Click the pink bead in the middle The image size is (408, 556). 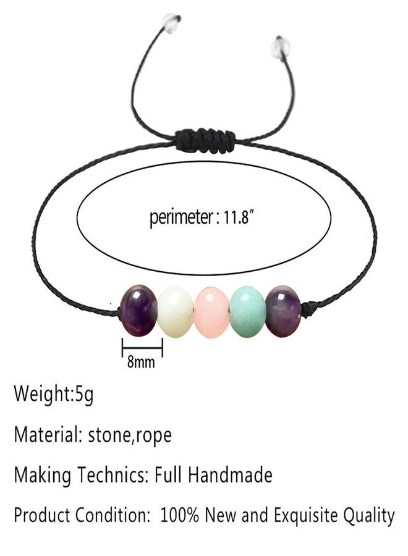(212, 313)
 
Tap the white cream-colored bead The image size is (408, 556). (176, 312)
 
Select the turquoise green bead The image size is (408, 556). (248, 311)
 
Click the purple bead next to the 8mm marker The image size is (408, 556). (138, 311)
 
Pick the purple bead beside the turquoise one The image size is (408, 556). (283, 311)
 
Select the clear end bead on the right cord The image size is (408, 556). (281, 45)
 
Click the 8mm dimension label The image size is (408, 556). (141, 362)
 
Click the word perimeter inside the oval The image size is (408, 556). (181, 217)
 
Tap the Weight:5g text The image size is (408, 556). (54, 394)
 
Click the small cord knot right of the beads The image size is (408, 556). (306, 308)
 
